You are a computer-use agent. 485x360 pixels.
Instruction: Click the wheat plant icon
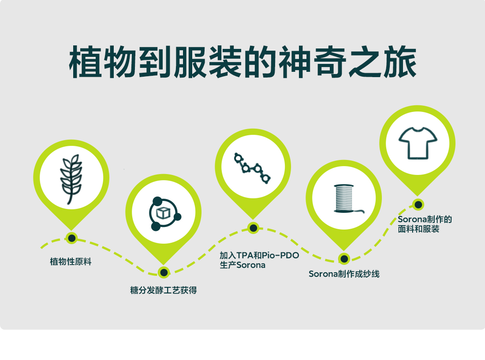(71, 179)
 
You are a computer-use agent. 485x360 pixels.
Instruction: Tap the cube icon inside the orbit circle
(163, 213)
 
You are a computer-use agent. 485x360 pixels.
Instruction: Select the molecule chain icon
(252, 168)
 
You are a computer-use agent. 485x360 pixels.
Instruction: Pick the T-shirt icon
(418, 143)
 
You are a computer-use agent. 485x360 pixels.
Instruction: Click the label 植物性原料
(71, 262)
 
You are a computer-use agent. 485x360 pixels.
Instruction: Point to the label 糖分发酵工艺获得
(163, 290)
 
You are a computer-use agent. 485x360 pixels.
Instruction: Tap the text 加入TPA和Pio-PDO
(259, 255)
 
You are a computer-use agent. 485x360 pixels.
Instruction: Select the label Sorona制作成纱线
(344, 274)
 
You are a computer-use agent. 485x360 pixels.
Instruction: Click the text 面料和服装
(418, 229)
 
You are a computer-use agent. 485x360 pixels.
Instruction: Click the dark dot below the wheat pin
(71, 238)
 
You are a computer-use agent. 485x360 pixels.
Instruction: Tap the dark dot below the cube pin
(164, 272)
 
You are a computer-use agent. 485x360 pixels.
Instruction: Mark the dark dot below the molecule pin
(254, 228)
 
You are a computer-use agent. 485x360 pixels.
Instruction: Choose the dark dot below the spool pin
(344, 258)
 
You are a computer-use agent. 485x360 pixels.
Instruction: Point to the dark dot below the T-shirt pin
(418, 204)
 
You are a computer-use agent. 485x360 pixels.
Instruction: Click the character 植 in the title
(86, 62)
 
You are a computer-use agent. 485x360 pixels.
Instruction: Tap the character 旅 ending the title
(399, 62)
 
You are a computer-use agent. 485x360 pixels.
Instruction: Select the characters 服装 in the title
(208, 62)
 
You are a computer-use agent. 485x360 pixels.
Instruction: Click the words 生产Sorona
(242, 265)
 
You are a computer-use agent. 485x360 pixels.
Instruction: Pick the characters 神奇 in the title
(313, 62)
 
